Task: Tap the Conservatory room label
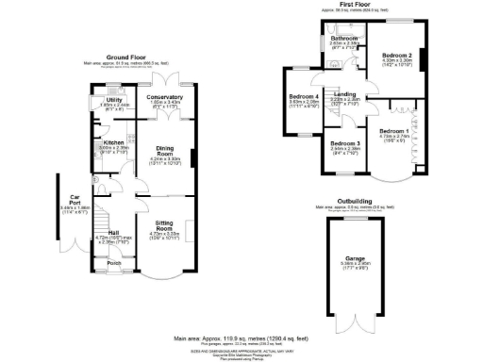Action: (165, 97)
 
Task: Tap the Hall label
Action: (113, 232)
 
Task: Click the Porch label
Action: (114, 264)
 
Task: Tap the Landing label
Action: (344, 94)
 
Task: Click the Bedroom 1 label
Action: (394, 130)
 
